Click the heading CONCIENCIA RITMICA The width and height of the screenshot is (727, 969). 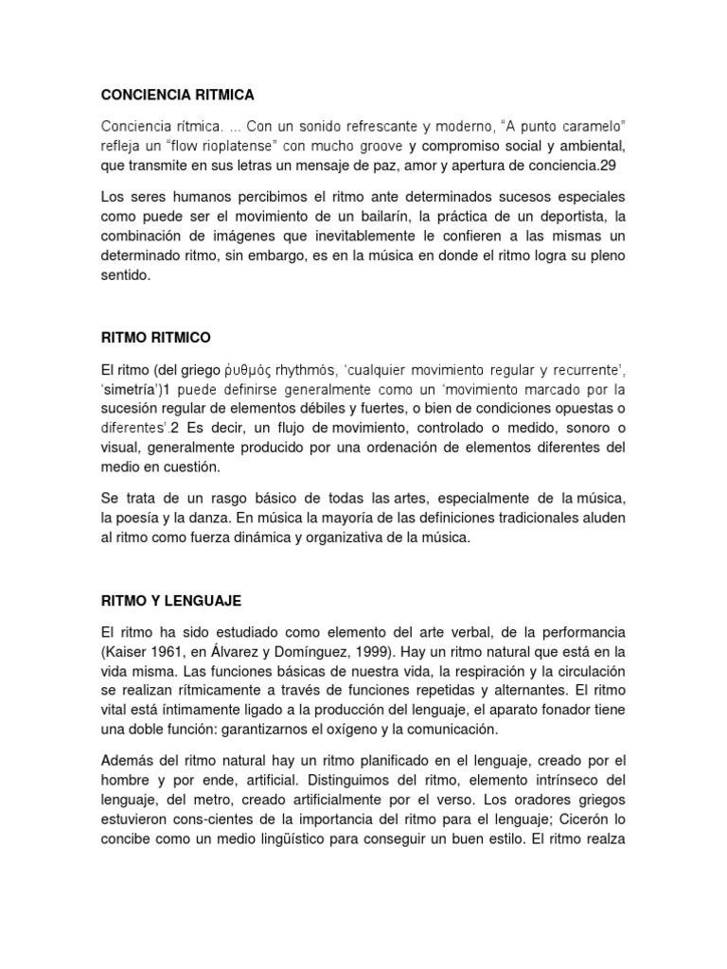(x=177, y=95)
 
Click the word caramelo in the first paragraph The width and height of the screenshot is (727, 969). (x=593, y=127)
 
